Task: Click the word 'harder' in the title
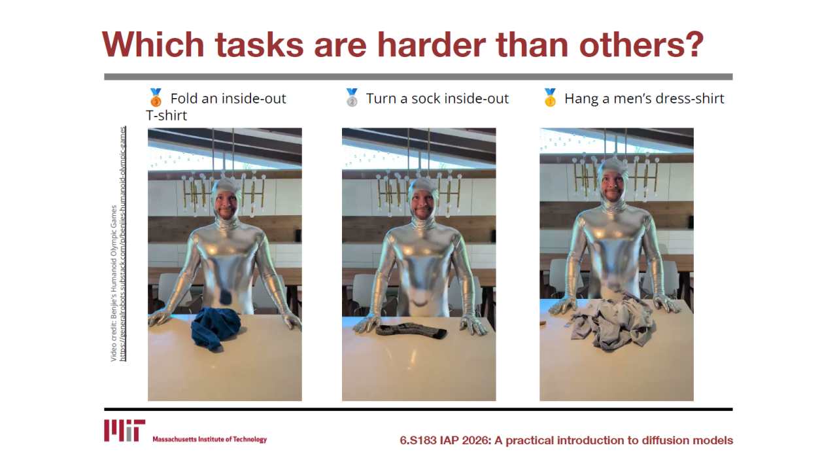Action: pyautogui.click(x=431, y=44)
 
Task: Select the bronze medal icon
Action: pyautogui.click(x=156, y=98)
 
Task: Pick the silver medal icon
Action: pyautogui.click(x=352, y=98)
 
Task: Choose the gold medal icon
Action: pyautogui.click(x=550, y=98)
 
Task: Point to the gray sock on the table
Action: pyautogui.click(x=411, y=330)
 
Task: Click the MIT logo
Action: pyautogui.click(x=124, y=430)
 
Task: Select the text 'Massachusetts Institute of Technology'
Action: pyautogui.click(x=210, y=439)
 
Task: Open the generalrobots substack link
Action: pyautogui.click(x=122, y=244)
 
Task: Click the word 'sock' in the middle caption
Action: pyautogui.click(x=426, y=99)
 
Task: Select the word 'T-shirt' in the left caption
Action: pyautogui.click(x=166, y=116)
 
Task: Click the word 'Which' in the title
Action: pyautogui.click(x=153, y=44)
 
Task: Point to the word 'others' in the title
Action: pyautogui.click(x=632, y=44)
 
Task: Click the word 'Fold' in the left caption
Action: pyautogui.click(x=184, y=99)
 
